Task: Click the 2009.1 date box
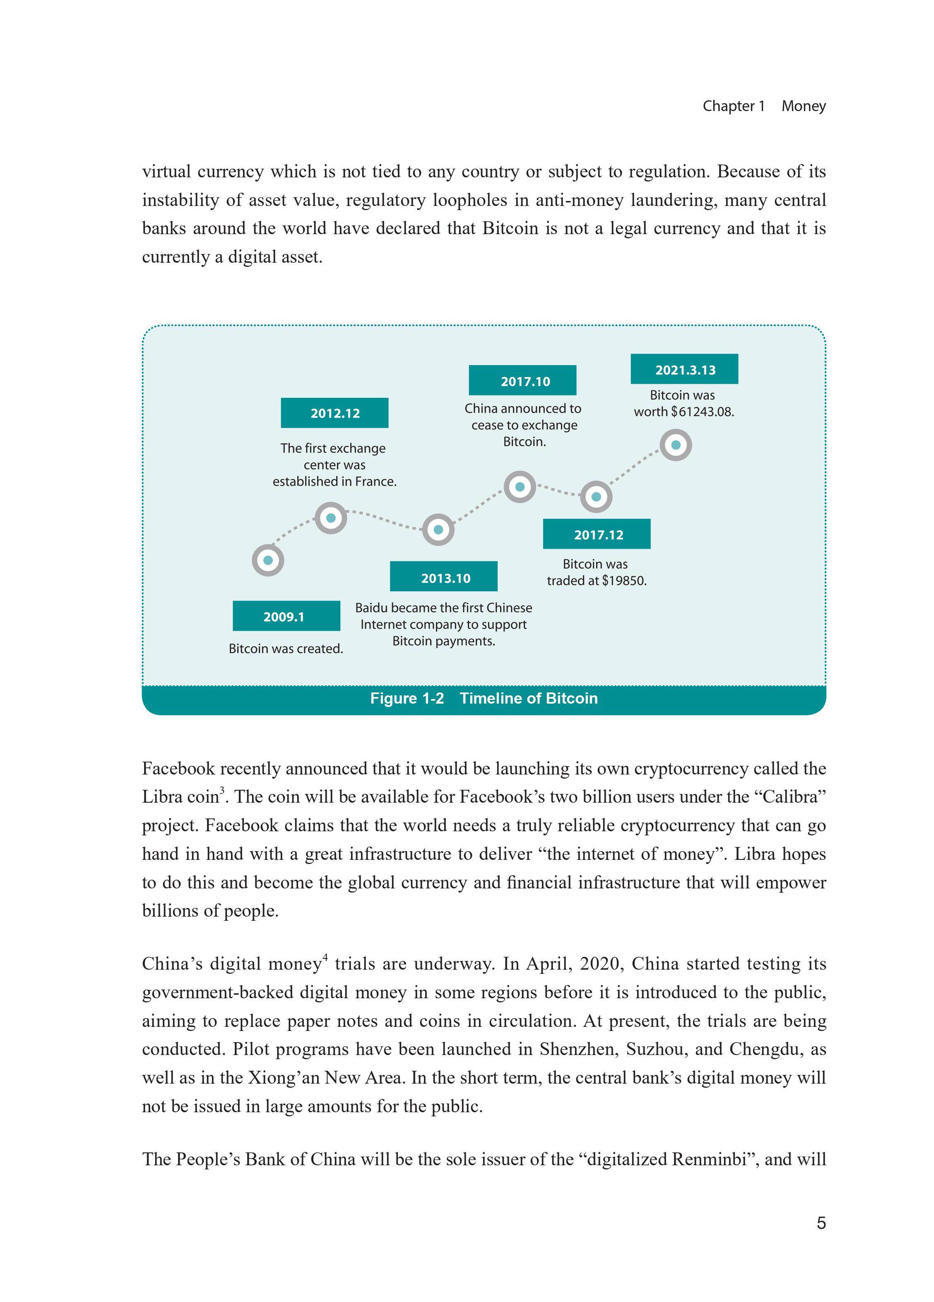click(286, 616)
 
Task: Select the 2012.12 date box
click(335, 413)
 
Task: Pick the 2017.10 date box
click(522, 380)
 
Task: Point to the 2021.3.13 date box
click(684, 369)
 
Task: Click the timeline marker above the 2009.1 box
click(268, 560)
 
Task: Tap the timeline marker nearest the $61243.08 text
click(675, 445)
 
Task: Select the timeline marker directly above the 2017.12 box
click(596, 496)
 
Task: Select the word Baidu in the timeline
click(371, 607)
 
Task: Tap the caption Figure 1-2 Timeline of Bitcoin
click(484, 698)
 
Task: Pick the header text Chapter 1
click(733, 106)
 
